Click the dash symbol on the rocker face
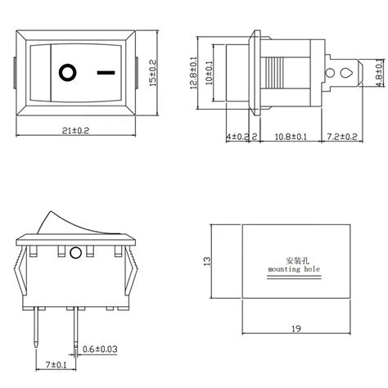(105, 71)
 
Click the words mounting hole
(291, 268)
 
